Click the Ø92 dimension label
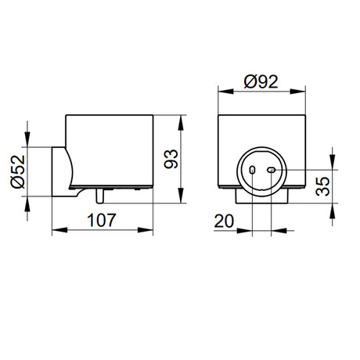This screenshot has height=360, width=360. pyautogui.click(x=261, y=81)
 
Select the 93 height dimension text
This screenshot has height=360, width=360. pyautogui.click(x=171, y=159)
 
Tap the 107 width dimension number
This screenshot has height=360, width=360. pyautogui.click(x=102, y=220)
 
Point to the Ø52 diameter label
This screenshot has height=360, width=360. pyautogui.click(x=18, y=171)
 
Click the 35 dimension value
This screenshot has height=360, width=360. pyautogui.click(x=322, y=186)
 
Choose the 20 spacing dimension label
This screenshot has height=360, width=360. pyautogui.click(x=224, y=221)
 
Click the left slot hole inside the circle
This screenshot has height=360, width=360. pyautogui.click(x=252, y=170)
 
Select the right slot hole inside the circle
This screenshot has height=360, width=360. pyautogui.click(x=272, y=170)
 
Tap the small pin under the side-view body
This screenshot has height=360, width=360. pyautogui.click(x=100, y=196)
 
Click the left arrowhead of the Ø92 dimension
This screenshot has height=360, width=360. pyautogui.click(x=226, y=92)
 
